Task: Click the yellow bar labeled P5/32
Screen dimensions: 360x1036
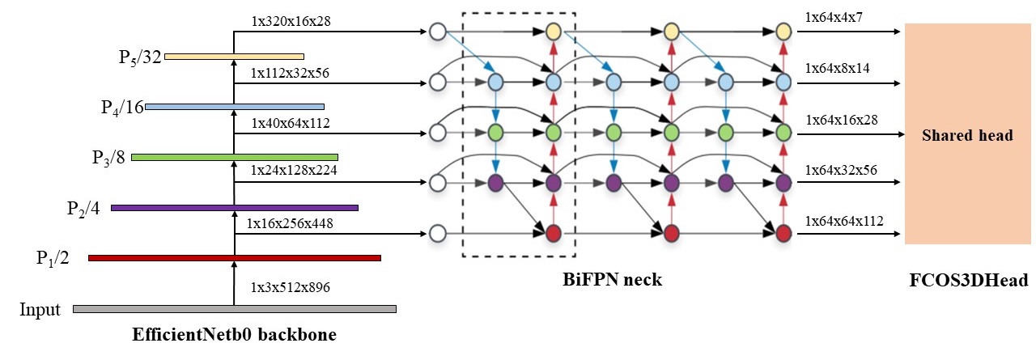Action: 233,57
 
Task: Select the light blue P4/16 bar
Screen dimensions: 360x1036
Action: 234,107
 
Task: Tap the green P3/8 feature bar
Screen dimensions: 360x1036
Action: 234,157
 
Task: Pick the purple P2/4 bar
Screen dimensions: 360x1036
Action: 234,208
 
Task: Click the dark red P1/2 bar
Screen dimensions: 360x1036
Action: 234,258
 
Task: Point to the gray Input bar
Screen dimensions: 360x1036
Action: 234,309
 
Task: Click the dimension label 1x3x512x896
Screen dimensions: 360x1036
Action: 290,287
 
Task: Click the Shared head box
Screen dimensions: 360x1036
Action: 967,134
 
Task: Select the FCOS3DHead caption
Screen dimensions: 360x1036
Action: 968,282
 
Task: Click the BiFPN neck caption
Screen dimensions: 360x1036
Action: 612,281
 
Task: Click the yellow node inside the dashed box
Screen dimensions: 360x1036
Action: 553,32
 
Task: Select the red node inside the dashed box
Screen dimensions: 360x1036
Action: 553,235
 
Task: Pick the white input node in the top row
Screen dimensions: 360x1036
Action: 438,32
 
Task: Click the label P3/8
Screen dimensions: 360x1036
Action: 108,157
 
